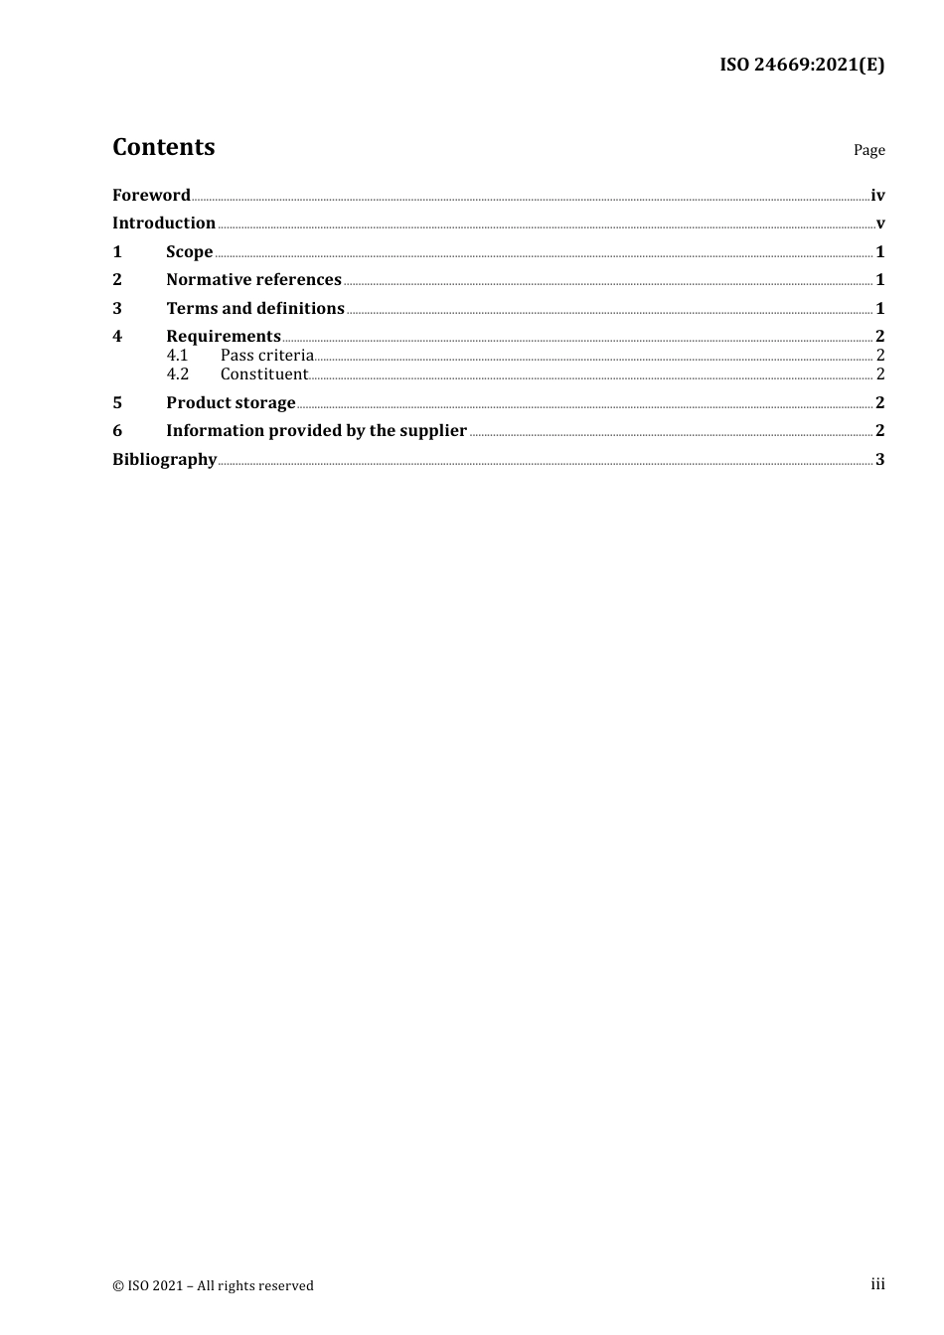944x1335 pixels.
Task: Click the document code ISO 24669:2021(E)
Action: pyautogui.click(x=802, y=66)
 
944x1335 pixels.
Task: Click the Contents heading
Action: pyautogui.click(x=163, y=147)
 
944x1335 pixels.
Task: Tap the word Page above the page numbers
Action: pyautogui.click(x=868, y=150)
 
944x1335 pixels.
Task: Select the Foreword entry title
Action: pyautogui.click(x=151, y=195)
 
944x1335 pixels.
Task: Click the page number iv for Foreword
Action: pyautogui.click(x=877, y=196)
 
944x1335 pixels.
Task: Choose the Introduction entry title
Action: pyautogui.click(x=164, y=222)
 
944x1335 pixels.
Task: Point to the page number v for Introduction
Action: pyautogui.click(x=880, y=223)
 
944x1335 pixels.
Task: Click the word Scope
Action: pyautogui.click(x=189, y=251)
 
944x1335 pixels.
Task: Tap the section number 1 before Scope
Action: pyautogui.click(x=117, y=251)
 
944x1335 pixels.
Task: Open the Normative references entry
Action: pyautogui.click(x=253, y=279)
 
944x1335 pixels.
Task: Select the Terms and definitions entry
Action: pyautogui.click(x=255, y=308)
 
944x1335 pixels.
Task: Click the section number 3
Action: pyautogui.click(x=117, y=308)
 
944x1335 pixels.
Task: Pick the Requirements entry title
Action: pyautogui.click(x=224, y=336)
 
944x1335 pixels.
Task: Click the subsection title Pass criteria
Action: pyautogui.click(x=266, y=355)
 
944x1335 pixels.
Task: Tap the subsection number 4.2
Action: pyautogui.click(x=177, y=373)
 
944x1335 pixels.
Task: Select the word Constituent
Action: pyautogui.click(x=264, y=373)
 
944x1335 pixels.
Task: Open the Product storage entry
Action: pyautogui.click(x=231, y=402)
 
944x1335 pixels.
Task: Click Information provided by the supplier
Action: pyautogui.click(x=316, y=430)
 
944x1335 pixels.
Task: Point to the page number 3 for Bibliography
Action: pyautogui.click(x=880, y=459)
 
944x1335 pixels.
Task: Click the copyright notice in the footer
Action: pyautogui.click(x=213, y=1285)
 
